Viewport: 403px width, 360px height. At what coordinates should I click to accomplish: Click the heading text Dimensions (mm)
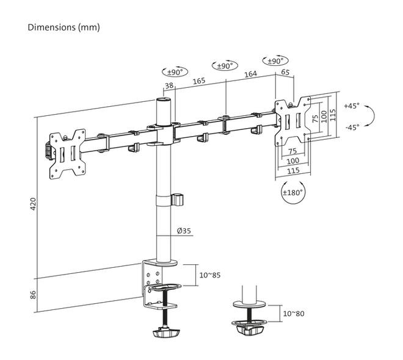(x=64, y=27)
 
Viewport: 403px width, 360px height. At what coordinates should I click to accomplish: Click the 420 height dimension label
(x=34, y=204)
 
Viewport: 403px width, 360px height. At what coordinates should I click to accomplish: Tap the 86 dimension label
(x=34, y=295)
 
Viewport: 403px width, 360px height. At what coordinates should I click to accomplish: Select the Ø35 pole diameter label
(x=184, y=231)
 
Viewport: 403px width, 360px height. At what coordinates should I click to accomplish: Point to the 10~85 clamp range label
(x=210, y=275)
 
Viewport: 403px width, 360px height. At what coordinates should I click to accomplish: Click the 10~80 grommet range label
(x=294, y=314)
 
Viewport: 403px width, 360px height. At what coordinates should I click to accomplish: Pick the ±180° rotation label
(x=293, y=192)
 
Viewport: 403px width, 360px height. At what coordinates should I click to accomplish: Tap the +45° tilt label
(x=352, y=106)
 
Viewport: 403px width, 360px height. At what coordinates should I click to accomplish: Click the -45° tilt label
(x=352, y=127)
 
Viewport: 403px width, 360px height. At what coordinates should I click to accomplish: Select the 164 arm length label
(x=250, y=74)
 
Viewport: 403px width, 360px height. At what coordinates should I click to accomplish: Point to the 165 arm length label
(x=199, y=81)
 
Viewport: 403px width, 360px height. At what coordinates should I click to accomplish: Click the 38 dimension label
(x=169, y=85)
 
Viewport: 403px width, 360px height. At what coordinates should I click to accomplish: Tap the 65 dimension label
(x=285, y=72)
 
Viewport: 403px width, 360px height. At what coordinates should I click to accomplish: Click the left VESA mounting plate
(x=67, y=154)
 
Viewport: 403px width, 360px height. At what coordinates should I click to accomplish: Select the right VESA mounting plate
(x=292, y=121)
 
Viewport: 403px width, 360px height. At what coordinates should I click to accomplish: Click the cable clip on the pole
(x=178, y=200)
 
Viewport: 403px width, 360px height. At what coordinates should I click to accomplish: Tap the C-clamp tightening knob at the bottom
(x=166, y=333)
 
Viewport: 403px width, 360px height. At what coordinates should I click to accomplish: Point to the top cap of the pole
(x=164, y=99)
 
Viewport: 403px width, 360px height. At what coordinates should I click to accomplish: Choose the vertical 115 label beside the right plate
(x=333, y=115)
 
